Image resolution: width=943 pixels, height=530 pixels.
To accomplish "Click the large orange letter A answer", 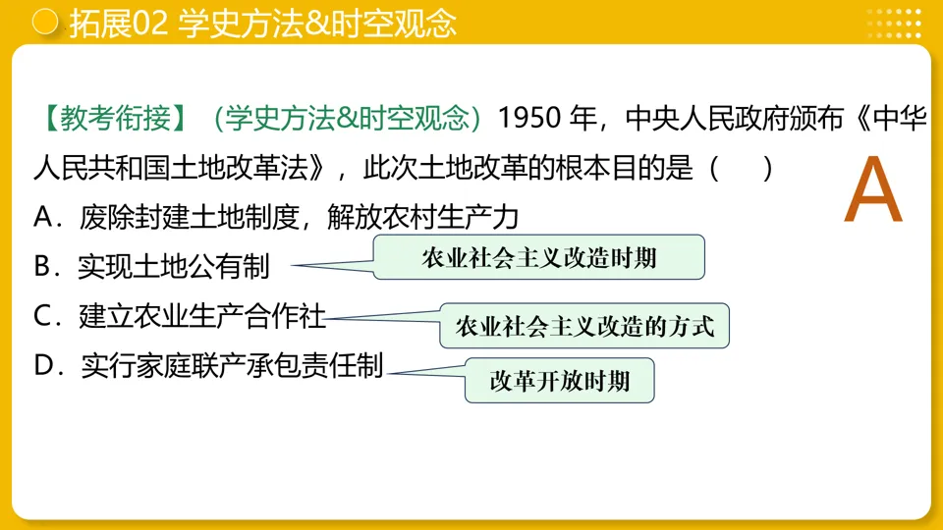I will pyautogui.click(x=872, y=191).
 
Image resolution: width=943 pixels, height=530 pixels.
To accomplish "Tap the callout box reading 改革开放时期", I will pyautogui.click(x=559, y=380).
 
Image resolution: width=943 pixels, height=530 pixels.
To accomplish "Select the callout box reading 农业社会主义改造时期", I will pyautogui.click(x=538, y=258).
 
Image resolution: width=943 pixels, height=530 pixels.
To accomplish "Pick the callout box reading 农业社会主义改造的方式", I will pyautogui.click(x=584, y=326).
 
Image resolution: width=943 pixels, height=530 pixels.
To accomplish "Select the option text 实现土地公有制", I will pyautogui.click(x=174, y=266).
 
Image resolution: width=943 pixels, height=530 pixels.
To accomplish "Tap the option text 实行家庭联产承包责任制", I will pyautogui.click(x=232, y=366).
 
